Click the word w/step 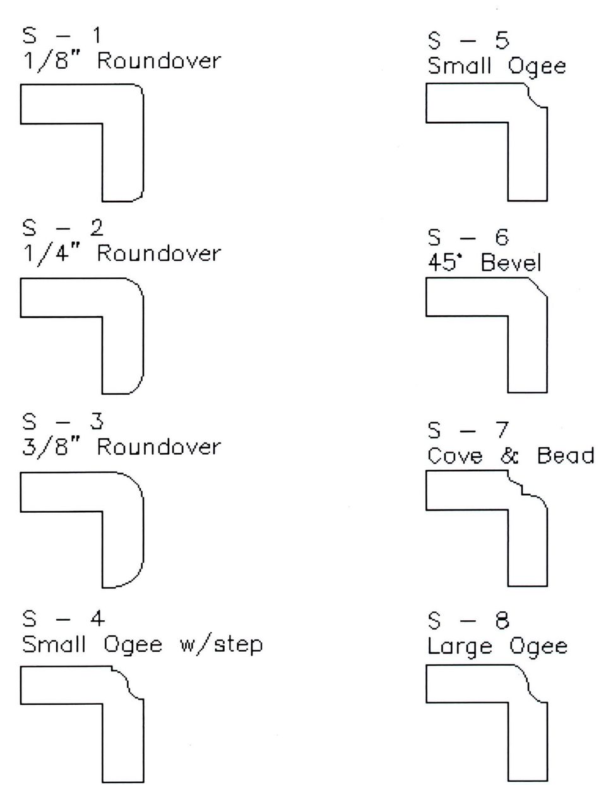point(222,645)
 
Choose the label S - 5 point(468,40)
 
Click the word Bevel point(511,263)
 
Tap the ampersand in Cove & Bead point(509,456)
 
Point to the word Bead point(566,456)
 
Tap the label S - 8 point(468,621)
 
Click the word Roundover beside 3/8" point(158,447)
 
